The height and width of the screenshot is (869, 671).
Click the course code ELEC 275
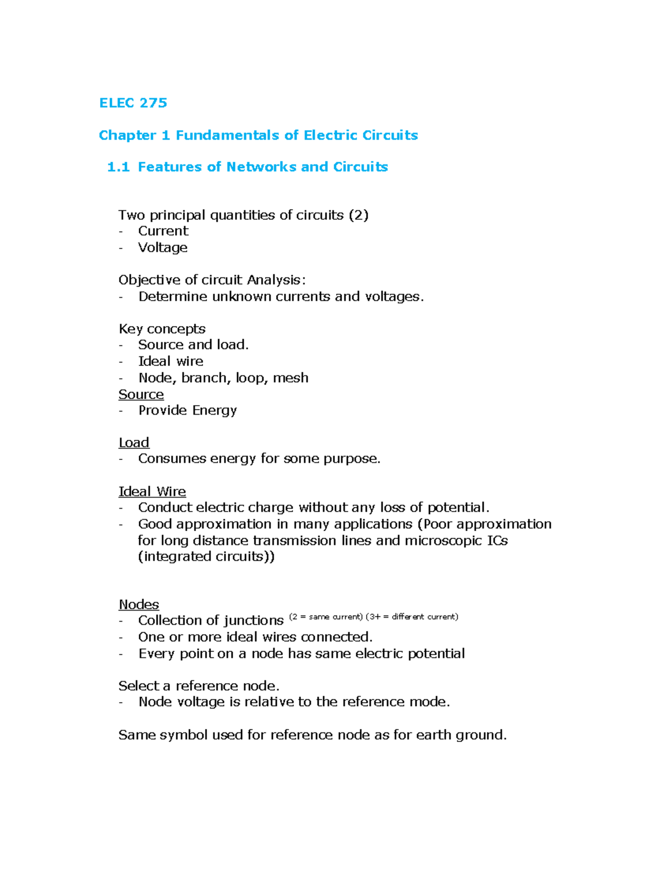coord(133,103)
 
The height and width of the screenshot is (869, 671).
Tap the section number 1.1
coord(118,167)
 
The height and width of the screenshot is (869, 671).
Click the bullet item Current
coord(163,231)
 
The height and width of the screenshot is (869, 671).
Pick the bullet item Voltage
coord(163,247)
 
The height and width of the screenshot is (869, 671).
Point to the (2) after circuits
coord(358,215)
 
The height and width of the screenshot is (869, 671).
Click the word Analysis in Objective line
coord(274,280)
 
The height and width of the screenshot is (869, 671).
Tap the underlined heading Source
coord(141,394)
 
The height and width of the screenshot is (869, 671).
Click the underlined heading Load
coord(134,443)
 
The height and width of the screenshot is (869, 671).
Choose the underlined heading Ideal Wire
coord(152,491)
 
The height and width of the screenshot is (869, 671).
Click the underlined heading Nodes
coord(139,604)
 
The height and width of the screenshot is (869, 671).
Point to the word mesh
coord(291,378)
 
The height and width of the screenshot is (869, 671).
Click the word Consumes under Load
coord(172,459)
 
